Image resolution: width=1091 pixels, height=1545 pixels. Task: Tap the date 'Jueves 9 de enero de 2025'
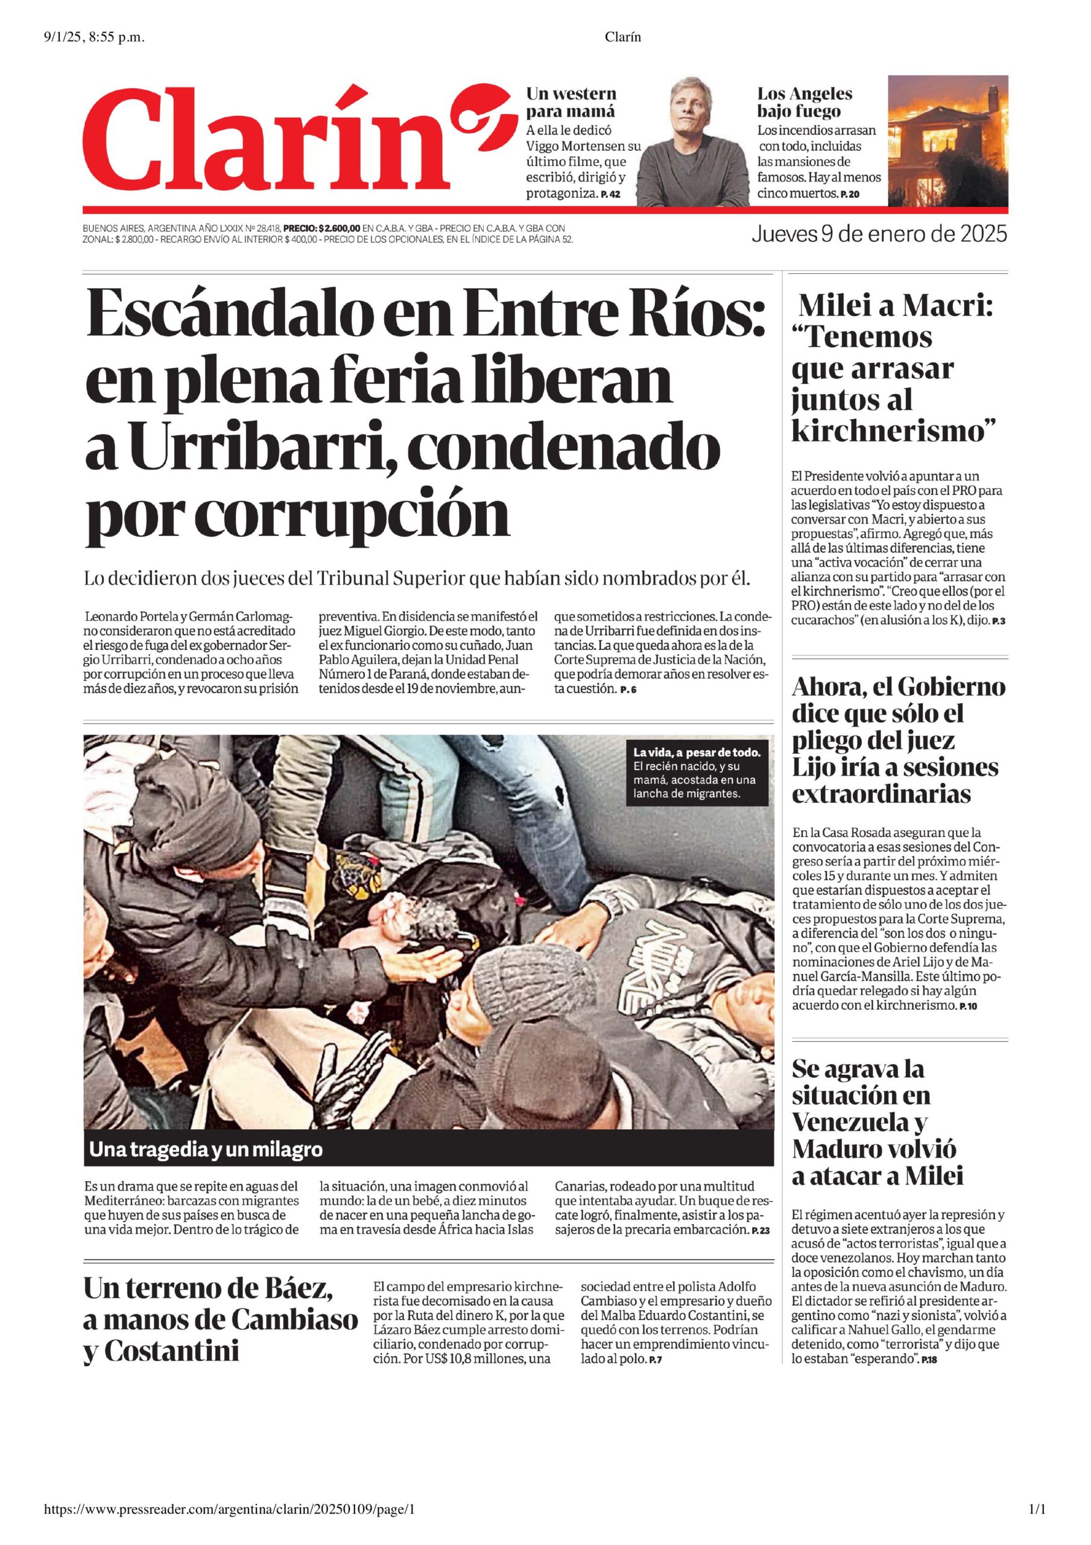[x=879, y=234]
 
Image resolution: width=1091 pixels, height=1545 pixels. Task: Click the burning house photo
[x=947, y=141]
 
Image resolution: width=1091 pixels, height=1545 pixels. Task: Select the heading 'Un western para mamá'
[x=571, y=102]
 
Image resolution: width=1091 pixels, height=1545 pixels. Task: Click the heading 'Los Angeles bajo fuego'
[x=805, y=102]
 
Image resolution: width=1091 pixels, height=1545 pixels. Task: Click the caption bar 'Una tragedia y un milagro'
[x=205, y=1149]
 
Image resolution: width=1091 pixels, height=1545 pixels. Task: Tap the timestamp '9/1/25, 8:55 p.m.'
[x=94, y=37]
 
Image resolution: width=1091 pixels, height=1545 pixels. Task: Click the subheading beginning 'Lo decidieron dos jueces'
[x=416, y=578]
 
